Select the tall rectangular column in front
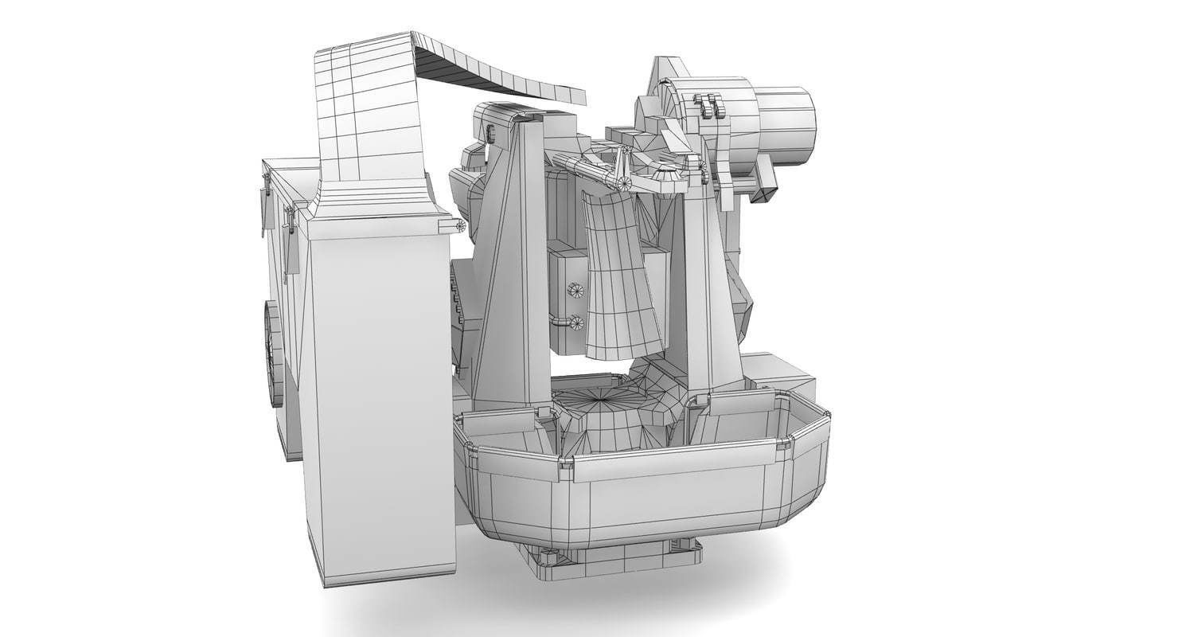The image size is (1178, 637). [x=380, y=398]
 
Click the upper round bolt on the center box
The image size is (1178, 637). [x=575, y=290]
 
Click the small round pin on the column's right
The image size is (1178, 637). [x=459, y=226]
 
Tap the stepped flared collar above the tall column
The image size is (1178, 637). [x=374, y=199]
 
